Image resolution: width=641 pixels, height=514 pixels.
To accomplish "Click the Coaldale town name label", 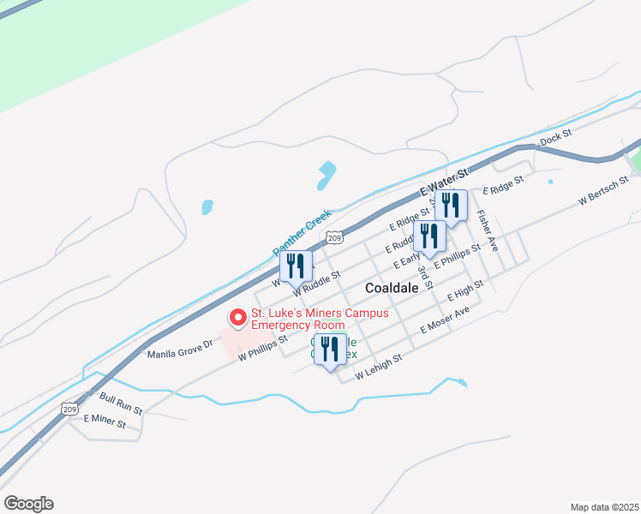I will pyautogui.click(x=392, y=289).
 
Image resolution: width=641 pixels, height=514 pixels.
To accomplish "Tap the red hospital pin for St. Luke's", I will pyautogui.click(x=238, y=318).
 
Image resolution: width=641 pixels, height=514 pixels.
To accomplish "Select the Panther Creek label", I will pyautogui.click(x=302, y=230).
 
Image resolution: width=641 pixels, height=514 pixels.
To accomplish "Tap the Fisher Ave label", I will pyautogui.click(x=488, y=230).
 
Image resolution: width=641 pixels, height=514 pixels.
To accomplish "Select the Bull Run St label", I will pyautogui.click(x=119, y=398).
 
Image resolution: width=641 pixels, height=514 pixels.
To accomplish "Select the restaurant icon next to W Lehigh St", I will pyautogui.click(x=330, y=349).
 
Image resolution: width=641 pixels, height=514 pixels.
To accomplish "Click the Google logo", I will pyautogui.click(x=28, y=504).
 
